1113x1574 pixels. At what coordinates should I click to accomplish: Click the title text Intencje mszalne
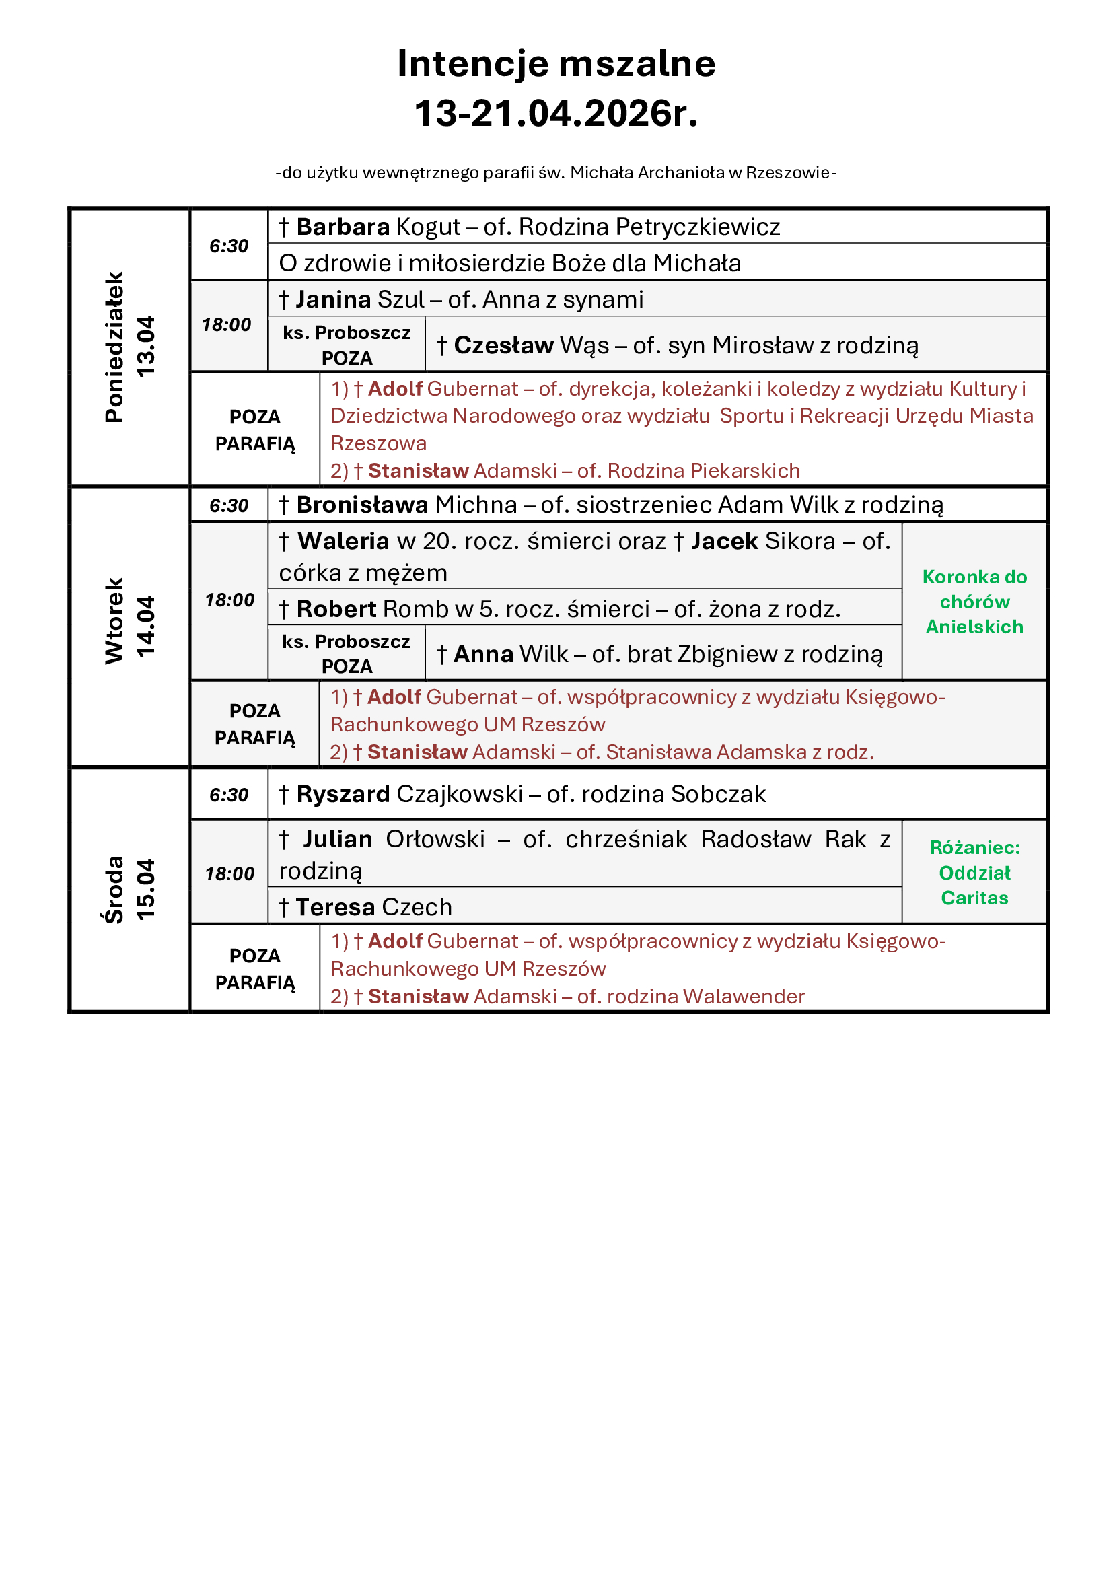click(556, 64)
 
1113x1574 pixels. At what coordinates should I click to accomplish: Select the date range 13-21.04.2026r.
click(556, 113)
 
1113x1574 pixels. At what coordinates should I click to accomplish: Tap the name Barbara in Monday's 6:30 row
click(343, 227)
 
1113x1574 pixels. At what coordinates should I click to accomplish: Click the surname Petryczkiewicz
click(698, 227)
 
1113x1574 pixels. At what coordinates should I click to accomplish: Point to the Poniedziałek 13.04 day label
click(129, 347)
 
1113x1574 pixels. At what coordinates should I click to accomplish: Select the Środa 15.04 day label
click(129, 889)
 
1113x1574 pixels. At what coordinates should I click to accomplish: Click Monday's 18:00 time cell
click(227, 325)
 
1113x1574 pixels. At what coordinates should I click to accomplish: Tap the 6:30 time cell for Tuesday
click(229, 506)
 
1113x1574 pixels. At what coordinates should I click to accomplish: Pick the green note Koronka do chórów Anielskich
click(974, 602)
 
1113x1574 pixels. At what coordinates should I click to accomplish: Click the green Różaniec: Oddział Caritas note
click(974, 873)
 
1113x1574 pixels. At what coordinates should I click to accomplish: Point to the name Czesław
click(503, 345)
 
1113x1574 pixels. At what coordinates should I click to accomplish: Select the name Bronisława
click(362, 505)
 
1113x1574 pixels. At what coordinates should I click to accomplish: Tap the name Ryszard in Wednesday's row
click(343, 795)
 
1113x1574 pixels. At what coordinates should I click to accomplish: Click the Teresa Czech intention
click(373, 908)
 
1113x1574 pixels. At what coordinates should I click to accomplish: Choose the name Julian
click(338, 840)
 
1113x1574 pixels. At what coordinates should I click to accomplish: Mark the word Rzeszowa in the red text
click(378, 443)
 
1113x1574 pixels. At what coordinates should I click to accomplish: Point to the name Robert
click(336, 610)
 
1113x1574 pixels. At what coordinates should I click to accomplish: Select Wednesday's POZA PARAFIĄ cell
click(255, 969)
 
